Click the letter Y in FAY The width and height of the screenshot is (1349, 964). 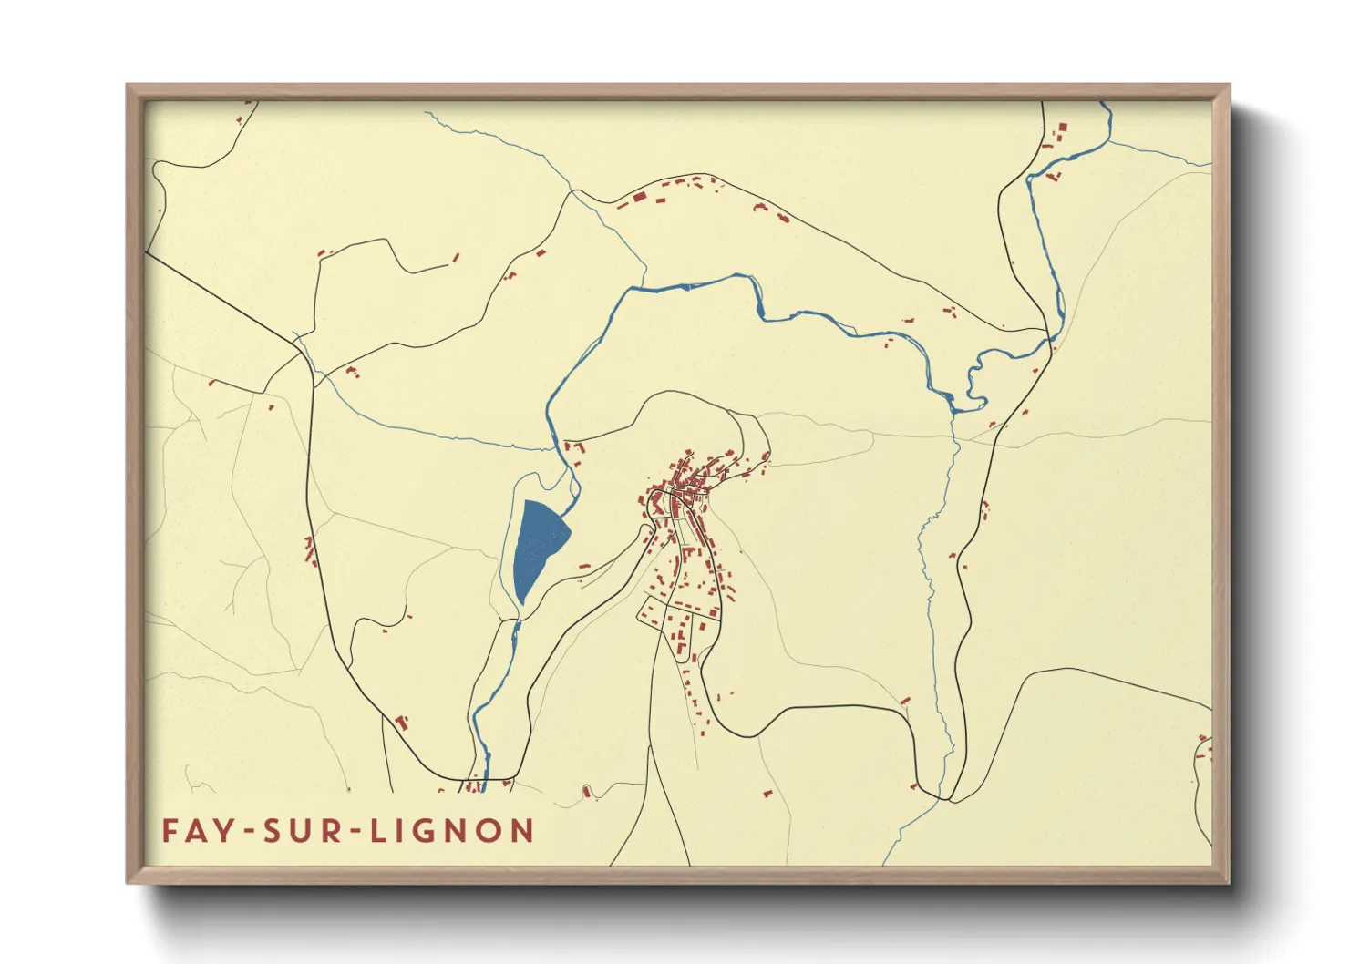223,831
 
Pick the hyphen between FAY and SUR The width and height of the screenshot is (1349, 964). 247,832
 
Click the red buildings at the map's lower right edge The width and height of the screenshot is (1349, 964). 1203,749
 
